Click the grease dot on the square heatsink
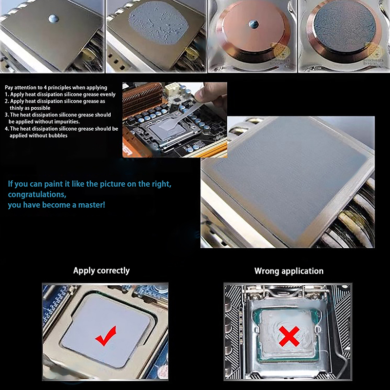point(54,19)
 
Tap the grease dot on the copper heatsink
point(253,24)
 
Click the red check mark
point(106,336)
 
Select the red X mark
point(289,336)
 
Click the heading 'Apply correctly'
point(101,271)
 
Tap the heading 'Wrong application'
point(289,271)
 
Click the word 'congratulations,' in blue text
point(37,194)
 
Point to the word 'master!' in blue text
point(92,205)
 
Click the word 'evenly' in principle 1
point(107,95)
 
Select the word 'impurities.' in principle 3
point(67,121)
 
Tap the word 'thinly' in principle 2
point(17,108)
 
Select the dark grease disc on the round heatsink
point(345,27)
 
